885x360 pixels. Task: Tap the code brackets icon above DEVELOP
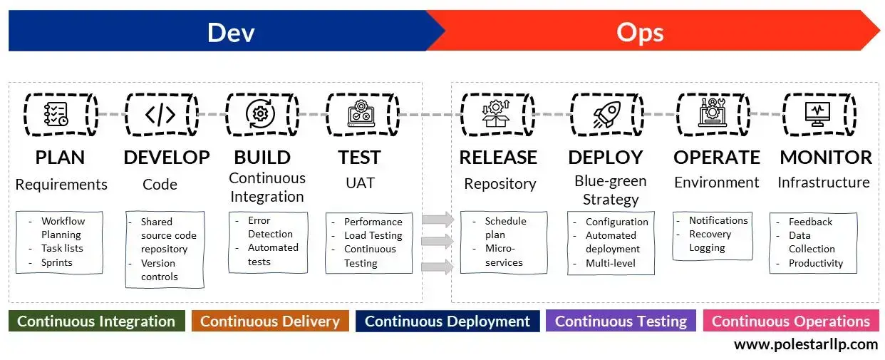(160, 114)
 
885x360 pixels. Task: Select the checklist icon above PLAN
(56, 114)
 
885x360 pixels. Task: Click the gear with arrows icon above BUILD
(260, 114)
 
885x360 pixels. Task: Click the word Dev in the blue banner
(231, 33)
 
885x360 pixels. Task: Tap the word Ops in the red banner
(639, 33)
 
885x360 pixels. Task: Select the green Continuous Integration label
(96, 321)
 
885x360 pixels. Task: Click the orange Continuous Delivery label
(270, 321)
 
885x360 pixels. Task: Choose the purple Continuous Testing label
(621, 321)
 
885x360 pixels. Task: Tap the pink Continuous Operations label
(790, 321)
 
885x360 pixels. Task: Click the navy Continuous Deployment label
(447, 321)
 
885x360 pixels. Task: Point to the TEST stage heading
(359, 158)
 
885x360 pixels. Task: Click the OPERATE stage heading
(717, 158)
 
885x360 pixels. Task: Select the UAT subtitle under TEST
(360, 182)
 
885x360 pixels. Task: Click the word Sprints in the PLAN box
(57, 262)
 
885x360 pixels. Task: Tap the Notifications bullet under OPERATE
(718, 220)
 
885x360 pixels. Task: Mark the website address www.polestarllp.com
(806, 345)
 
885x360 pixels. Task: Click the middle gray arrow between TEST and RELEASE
(438, 242)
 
